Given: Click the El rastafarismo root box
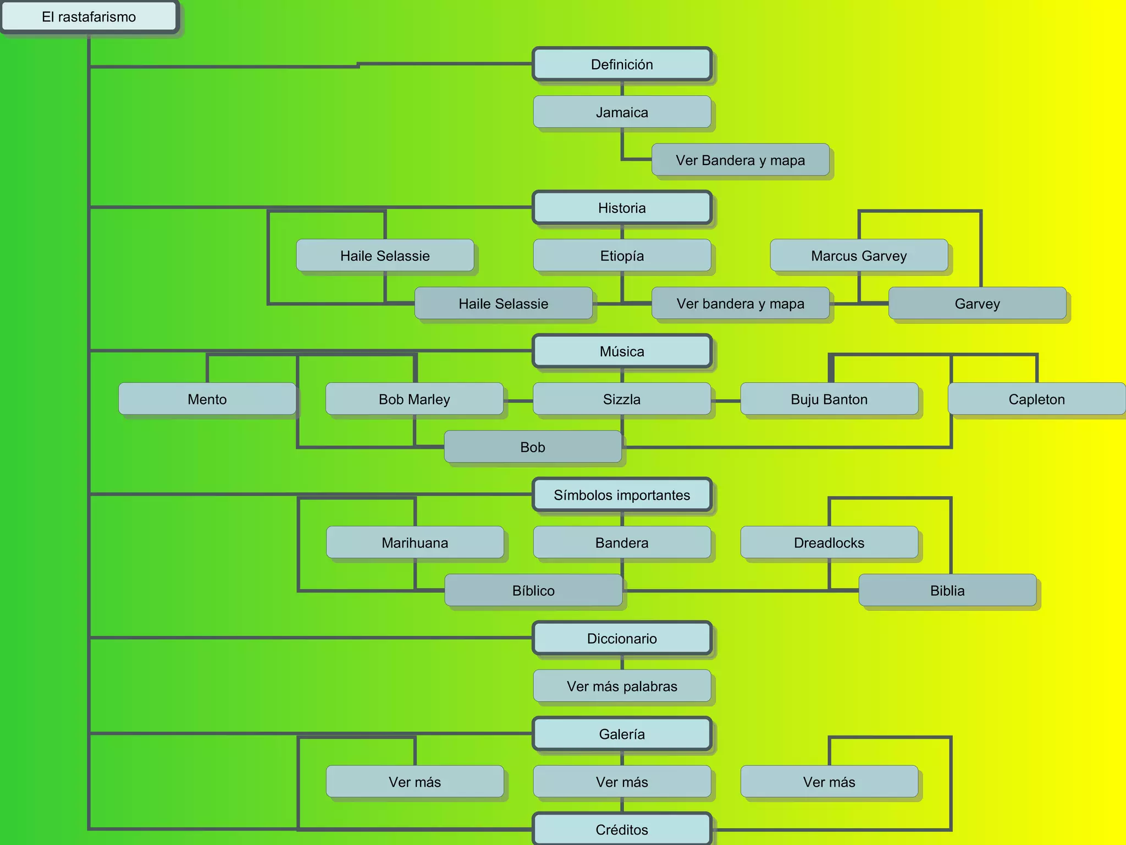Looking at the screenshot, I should (89, 17).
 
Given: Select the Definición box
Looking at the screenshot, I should (622, 64).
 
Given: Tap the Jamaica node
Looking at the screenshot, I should (622, 112).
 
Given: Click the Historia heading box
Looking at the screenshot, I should (622, 208).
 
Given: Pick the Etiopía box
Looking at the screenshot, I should (622, 256).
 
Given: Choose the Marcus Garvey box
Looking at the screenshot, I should (859, 256).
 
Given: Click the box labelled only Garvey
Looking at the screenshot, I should (977, 304).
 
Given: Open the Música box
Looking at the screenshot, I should (622, 352).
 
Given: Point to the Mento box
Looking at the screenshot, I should (207, 399).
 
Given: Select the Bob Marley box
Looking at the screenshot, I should (414, 399).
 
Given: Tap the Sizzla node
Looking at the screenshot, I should (622, 399).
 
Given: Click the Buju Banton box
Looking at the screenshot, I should (829, 399).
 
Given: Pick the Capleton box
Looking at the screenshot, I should (1036, 399).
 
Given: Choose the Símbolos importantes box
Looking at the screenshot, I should (622, 495).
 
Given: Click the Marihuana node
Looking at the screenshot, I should (415, 543).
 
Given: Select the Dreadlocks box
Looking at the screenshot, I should (829, 543).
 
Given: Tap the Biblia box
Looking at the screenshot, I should (947, 591).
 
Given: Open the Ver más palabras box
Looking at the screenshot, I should (622, 687).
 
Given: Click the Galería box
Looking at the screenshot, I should (622, 734).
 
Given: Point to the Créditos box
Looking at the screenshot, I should (622, 830).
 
